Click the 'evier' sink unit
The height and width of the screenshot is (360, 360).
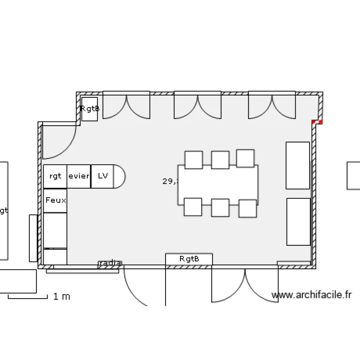(79, 176)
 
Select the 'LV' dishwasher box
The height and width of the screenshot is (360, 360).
(103, 176)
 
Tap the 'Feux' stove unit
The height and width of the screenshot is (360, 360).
(55, 200)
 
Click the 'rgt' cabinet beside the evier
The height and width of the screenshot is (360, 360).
(55, 176)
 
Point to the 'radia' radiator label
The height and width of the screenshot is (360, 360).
(110, 263)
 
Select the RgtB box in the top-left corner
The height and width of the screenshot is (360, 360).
(90, 109)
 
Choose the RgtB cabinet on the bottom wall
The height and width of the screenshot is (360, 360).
(189, 259)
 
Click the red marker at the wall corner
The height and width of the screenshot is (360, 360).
(316, 122)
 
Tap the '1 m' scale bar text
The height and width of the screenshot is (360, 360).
(61, 297)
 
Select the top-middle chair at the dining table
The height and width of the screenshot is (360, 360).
(220, 160)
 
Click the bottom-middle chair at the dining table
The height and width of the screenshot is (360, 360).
(220, 207)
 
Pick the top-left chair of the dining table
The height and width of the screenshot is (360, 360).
(193, 160)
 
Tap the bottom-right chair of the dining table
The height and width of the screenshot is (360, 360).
(248, 208)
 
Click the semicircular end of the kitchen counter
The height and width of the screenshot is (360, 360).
(119, 176)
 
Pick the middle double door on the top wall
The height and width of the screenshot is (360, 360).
(197, 106)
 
